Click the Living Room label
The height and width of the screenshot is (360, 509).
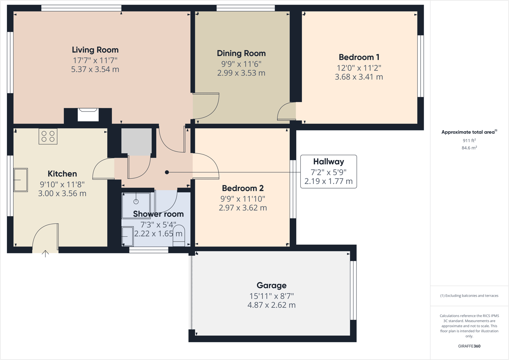[x=95, y=50]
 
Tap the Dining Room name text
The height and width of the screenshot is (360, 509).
[x=241, y=53]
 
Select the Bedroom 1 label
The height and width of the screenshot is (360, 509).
[x=359, y=57]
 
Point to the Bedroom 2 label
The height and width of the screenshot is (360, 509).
[x=243, y=188]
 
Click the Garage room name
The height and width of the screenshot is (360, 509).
[x=272, y=285]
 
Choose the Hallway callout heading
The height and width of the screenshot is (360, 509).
[x=328, y=162]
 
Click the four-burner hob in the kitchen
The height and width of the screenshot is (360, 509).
[x=48, y=137]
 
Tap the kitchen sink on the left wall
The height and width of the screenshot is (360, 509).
[x=21, y=180]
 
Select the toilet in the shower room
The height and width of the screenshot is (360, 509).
[x=179, y=236]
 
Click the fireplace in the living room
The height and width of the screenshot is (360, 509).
[x=88, y=115]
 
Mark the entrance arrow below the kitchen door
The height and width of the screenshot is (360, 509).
[x=46, y=254]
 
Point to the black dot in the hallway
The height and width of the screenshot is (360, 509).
[x=167, y=172]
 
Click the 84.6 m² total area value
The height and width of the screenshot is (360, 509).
[x=469, y=148]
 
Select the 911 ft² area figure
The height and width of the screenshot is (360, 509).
[x=469, y=140]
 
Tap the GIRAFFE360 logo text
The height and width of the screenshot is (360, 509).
[x=469, y=346]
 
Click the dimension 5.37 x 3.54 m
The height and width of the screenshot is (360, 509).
[x=95, y=69]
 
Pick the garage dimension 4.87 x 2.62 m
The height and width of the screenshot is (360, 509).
[x=272, y=305]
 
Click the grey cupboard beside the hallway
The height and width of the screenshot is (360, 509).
[x=137, y=141]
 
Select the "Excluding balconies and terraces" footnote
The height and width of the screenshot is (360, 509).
[x=469, y=296]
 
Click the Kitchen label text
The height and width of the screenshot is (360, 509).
[x=62, y=174]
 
